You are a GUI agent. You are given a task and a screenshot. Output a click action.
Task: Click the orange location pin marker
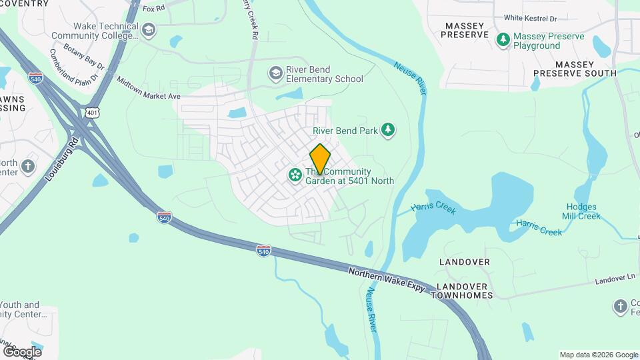click(x=320, y=159)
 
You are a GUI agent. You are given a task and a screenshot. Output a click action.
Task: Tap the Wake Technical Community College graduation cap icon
click(x=148, y=30)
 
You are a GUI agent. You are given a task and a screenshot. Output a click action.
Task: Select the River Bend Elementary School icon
click(x=275, y=73)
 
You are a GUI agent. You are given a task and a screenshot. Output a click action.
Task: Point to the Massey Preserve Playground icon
click(x=503, y=40)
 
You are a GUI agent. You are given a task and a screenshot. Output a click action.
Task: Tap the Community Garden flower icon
click(x=294, y=176)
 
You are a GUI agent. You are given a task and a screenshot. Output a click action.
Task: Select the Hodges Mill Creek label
click(x=583, y=211)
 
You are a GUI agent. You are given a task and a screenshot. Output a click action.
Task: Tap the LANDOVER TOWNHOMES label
click(x=465, y=291)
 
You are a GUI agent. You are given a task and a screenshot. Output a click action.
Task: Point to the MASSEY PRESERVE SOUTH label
click(x=574, y=69)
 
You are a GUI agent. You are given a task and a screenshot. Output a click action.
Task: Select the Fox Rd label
click(x=153, y=9)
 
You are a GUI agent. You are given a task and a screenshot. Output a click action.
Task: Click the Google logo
click(x=22, y=351)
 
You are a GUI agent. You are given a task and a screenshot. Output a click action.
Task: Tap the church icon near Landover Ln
click(x=620, y=307)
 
